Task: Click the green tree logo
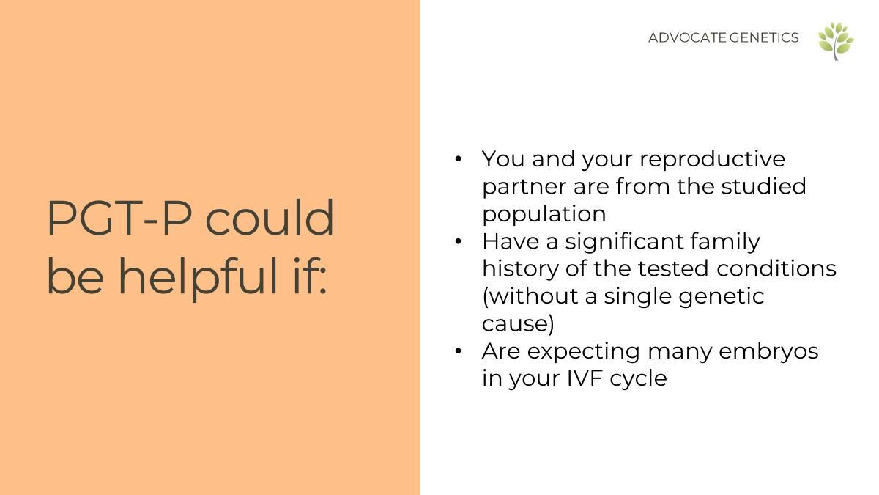[836, 41]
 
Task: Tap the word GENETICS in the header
[764, 37]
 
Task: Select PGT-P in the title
[119, 218]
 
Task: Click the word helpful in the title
[197, 276]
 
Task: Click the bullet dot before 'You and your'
[458, 159]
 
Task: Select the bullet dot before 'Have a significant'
[458, 241]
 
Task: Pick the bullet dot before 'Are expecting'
[458, 351]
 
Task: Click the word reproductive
[712, 160]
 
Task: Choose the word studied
[763, 186]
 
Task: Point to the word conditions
[776, 268]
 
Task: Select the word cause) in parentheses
[518, 324]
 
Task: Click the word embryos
[768, 352]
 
